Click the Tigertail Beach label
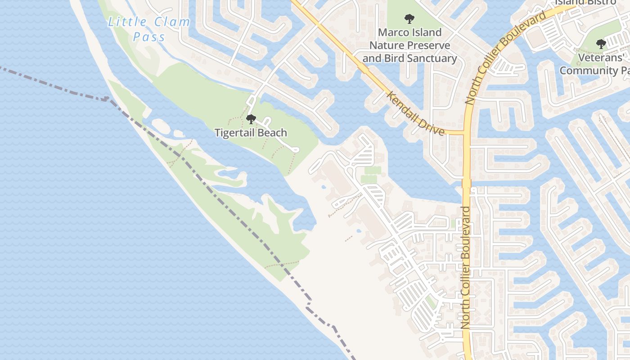pos(251,133)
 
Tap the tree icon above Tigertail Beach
pos(251,119)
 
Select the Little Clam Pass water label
pos(149,29)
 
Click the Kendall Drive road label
pos(416,113)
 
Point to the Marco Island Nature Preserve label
pos(409,45)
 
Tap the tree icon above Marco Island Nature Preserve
pos(409,19)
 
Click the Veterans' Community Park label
pos(594,64)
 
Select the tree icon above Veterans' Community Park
pos(601,44)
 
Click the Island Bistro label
pos(585,2)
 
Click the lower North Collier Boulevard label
pos(465,267)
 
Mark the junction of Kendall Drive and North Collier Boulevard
pos(466,133)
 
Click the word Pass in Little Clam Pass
pos(149,37)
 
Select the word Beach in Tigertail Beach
pos(272,133)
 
